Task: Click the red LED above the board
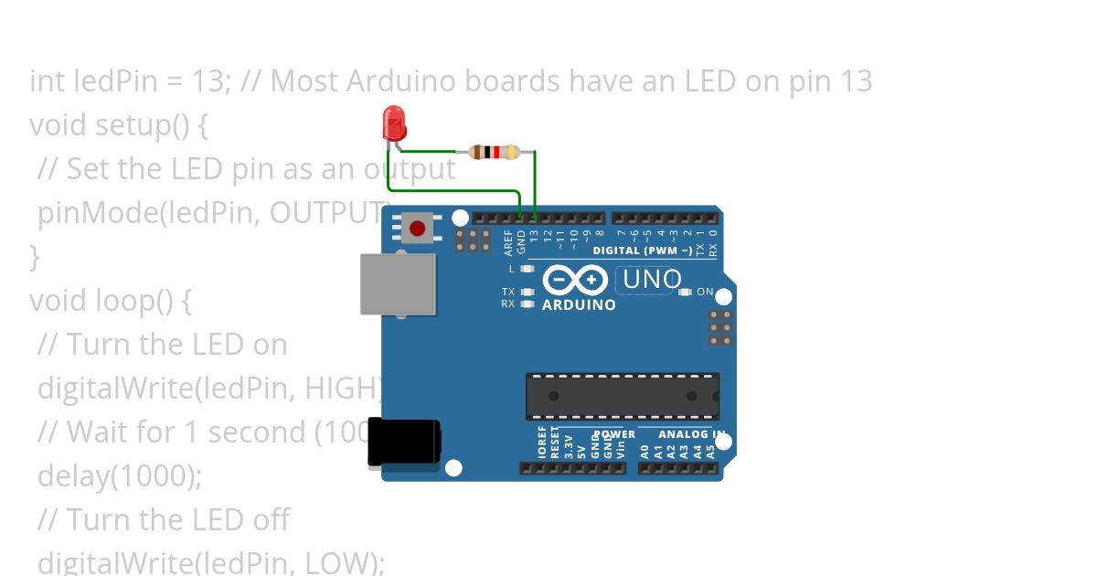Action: [394, 123]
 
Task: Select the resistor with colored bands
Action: [495, 152]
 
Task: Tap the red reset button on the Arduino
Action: [418, 228]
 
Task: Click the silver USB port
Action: [398, 283]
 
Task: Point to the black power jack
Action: [403, 443]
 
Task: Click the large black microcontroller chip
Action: [622, 396]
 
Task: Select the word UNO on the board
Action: [651, 279]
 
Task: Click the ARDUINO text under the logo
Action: [579, 305]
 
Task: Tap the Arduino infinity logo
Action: [575, 279]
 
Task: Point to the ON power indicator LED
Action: [686, 292]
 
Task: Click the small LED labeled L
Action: [527, 269]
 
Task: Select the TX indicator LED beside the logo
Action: [527, 292]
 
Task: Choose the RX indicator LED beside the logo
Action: [527, 304]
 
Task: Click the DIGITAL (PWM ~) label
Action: [642, 251]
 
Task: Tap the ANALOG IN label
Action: [692, 434]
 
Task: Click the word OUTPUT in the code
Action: [330, 213]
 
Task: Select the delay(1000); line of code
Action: [119, 475]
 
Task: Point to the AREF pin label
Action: [508, 241]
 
